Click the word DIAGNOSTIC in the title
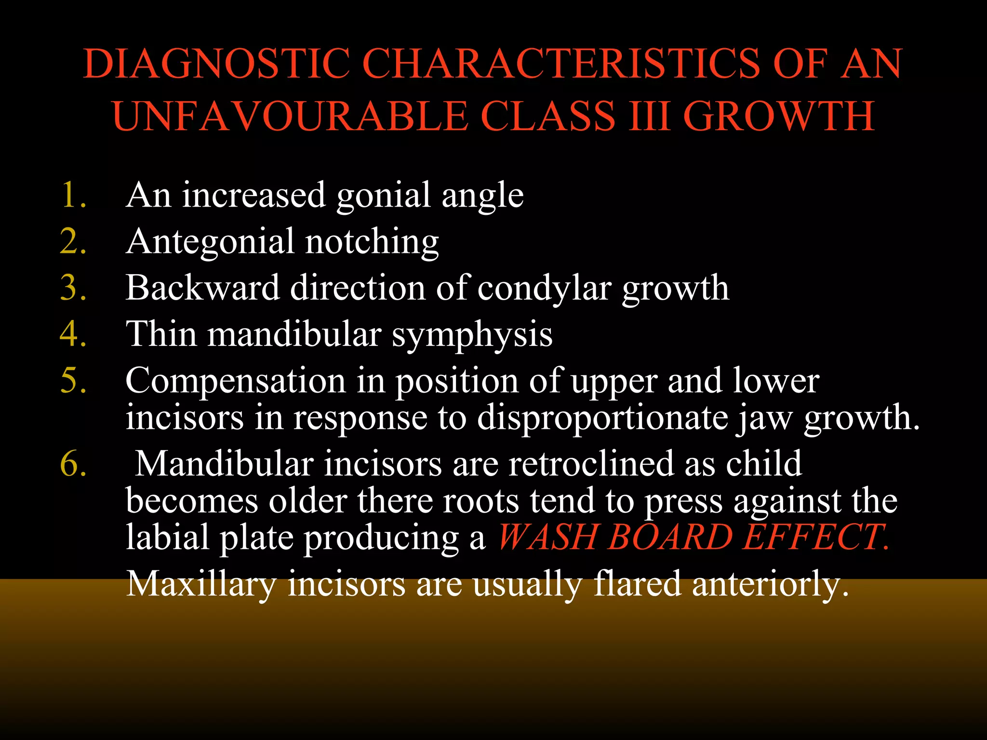[216, 64]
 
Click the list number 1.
[73, 195]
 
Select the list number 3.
[73, 288]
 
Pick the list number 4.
[73, 334]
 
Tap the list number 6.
[73, 464]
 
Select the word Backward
[203, 288]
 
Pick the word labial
[168, 537]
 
